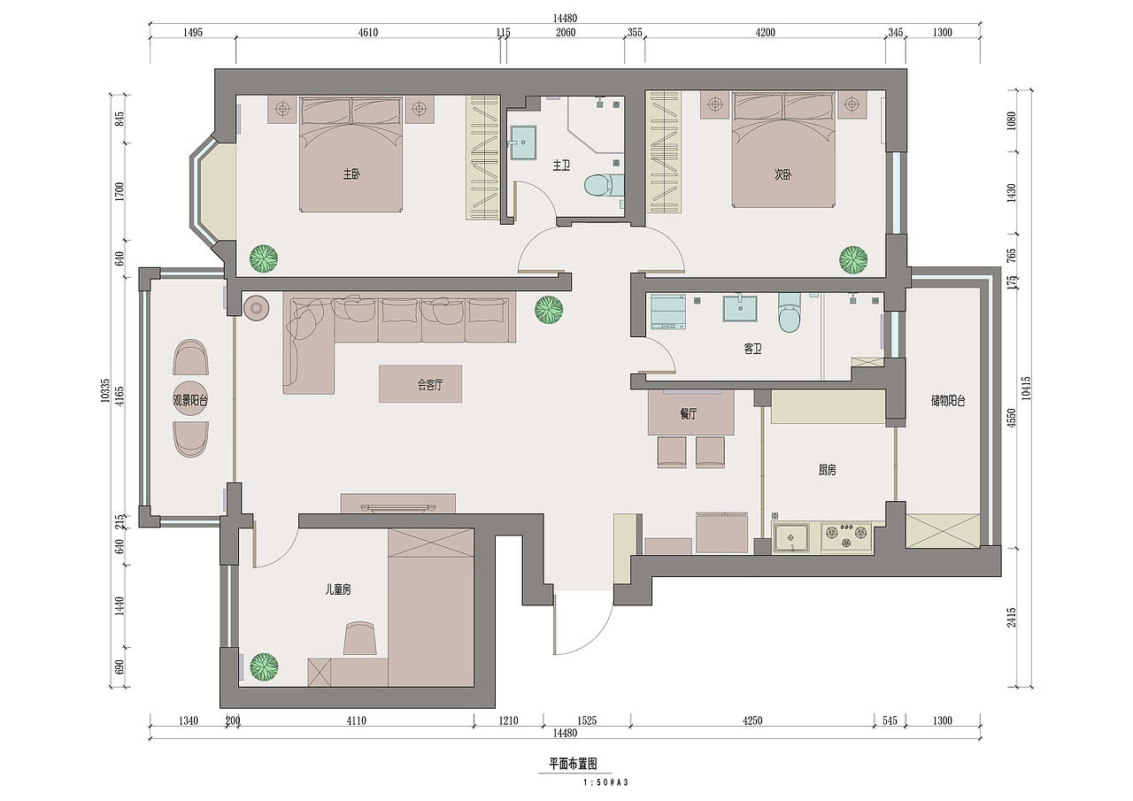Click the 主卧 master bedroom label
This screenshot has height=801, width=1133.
[352, 174]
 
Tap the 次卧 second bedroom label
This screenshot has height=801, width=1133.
[783, 174]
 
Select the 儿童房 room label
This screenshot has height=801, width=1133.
[338, 589]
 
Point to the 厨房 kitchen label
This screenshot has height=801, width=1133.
[827, 470]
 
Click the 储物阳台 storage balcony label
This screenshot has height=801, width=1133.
[948, 401]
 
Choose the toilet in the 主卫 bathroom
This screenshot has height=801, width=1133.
[604, 185]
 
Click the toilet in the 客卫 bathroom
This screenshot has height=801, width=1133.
[789, 312]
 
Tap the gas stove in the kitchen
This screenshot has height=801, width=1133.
[846, 537]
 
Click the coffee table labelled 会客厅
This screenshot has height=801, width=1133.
[420, 384]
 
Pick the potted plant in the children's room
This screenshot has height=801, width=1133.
[264, 667]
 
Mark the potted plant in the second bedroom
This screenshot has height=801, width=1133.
[853, 260]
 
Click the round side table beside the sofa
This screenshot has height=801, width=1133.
[257, 307]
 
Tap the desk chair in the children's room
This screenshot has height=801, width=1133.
[359, 639]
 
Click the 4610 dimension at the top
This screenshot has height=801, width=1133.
[368, 33]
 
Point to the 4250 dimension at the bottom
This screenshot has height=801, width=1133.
[752, 720]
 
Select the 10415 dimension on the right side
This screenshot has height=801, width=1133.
[1026, 389]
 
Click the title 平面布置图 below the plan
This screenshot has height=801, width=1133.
[573, 764]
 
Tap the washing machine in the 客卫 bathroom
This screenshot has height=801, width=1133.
[668, 312]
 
